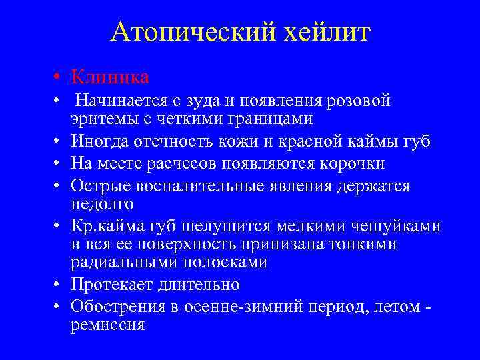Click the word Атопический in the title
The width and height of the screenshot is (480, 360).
click(190, 31)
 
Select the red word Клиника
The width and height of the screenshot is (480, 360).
click(110, 77)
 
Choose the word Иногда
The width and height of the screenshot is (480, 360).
click(99, 142)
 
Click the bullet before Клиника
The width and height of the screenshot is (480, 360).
click(59, 78)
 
